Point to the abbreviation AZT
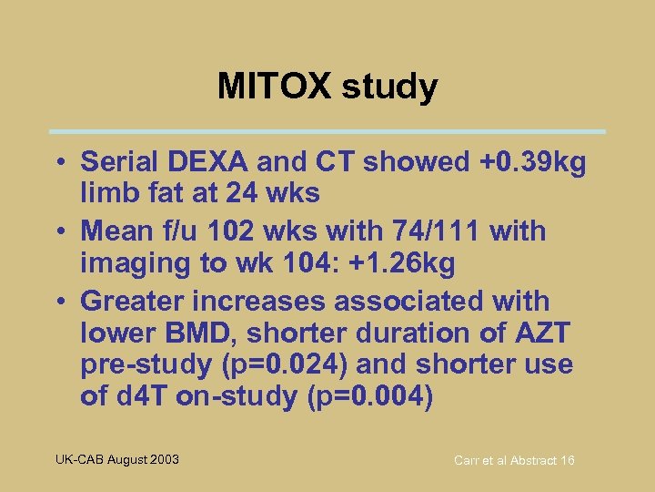click(x=544, y=333)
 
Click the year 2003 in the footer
click(x=163, y=459)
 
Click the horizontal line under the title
click(x=327, y=131)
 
